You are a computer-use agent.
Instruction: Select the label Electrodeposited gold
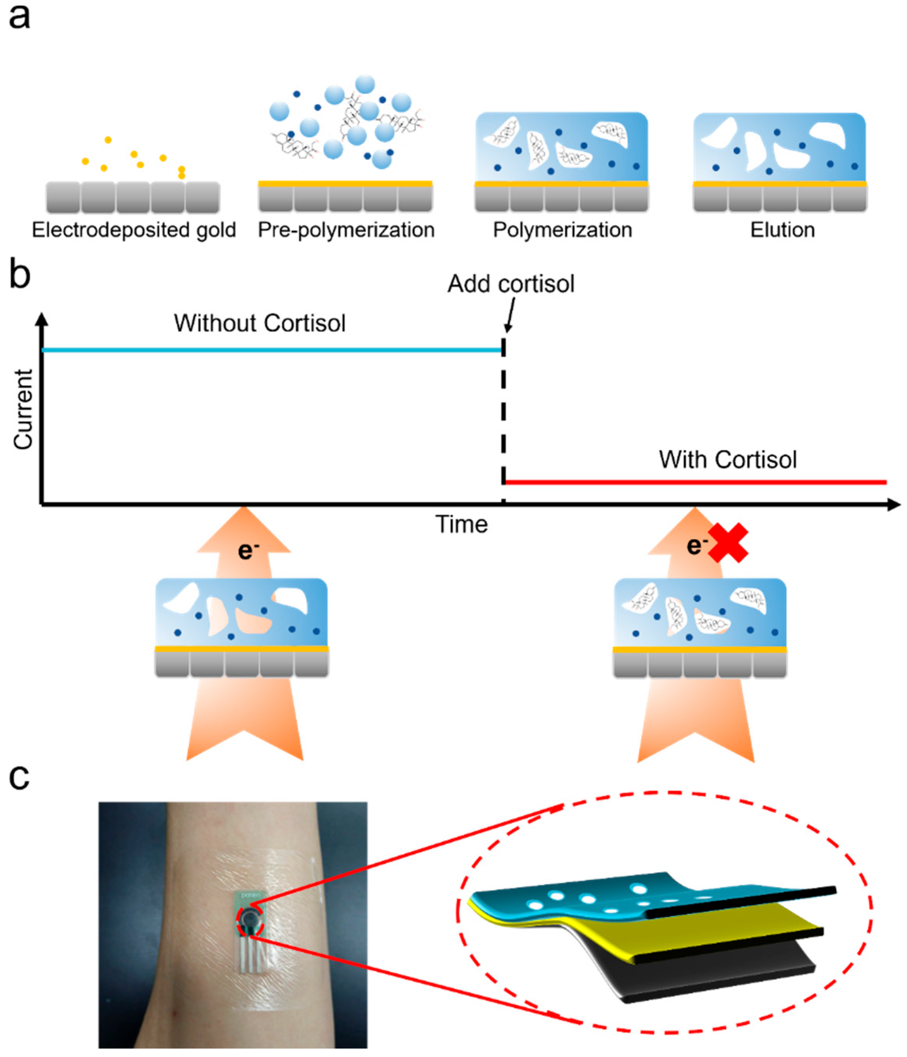pos(134,230)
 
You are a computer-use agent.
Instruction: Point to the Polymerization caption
pos(562,230)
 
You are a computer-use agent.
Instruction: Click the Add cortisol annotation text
pos(511,284)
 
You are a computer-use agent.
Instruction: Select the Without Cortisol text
pos(259,324)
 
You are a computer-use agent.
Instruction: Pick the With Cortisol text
pos(727,460)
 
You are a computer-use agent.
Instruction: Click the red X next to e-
pos(727,543)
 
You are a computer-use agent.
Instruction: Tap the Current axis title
pos(23,410)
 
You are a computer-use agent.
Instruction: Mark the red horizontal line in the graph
pos(693,482)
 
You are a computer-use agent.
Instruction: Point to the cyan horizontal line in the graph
pos(270,350)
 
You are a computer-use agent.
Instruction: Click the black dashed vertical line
pos(504,418)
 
